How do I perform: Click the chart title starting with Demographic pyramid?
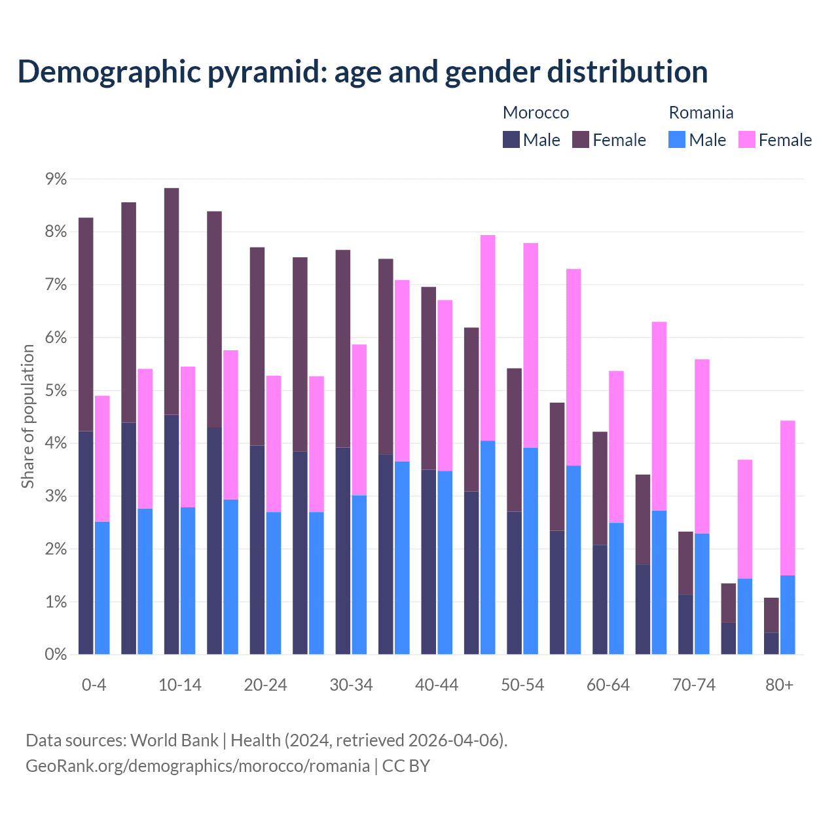[363, 72]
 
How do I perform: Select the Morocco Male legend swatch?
[511, 139]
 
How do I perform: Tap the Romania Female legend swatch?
[746, 139]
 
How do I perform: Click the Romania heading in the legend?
[701, 113]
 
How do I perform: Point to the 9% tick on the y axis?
[56, 179]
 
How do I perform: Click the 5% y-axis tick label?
[56, 391]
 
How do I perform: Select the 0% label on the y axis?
[56, 655]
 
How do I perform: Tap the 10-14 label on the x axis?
[180, 685]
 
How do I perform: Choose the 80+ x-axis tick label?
[779, 685]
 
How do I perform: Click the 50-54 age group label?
[522, 685]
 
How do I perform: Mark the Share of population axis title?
[28, 416]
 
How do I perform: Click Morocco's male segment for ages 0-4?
[86, 543]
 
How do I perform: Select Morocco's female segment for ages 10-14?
[172, 301]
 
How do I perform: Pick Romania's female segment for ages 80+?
[788, 498]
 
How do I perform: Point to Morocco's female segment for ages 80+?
[771, 615]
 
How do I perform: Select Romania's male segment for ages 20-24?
[274, 583]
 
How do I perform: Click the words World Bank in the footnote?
[174, 740]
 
